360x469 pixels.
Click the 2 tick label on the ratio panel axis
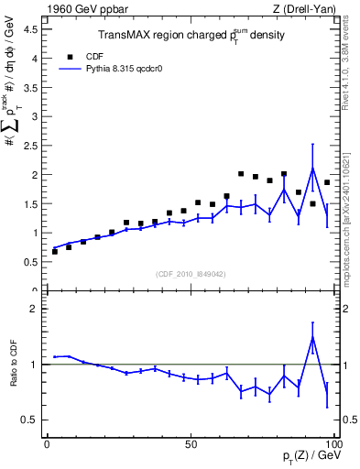tap(37, 309)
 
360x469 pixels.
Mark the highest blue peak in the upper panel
tap(313, 168)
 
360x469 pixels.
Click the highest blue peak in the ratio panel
tap(313, 337)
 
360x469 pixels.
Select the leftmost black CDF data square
tap(54, 251)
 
